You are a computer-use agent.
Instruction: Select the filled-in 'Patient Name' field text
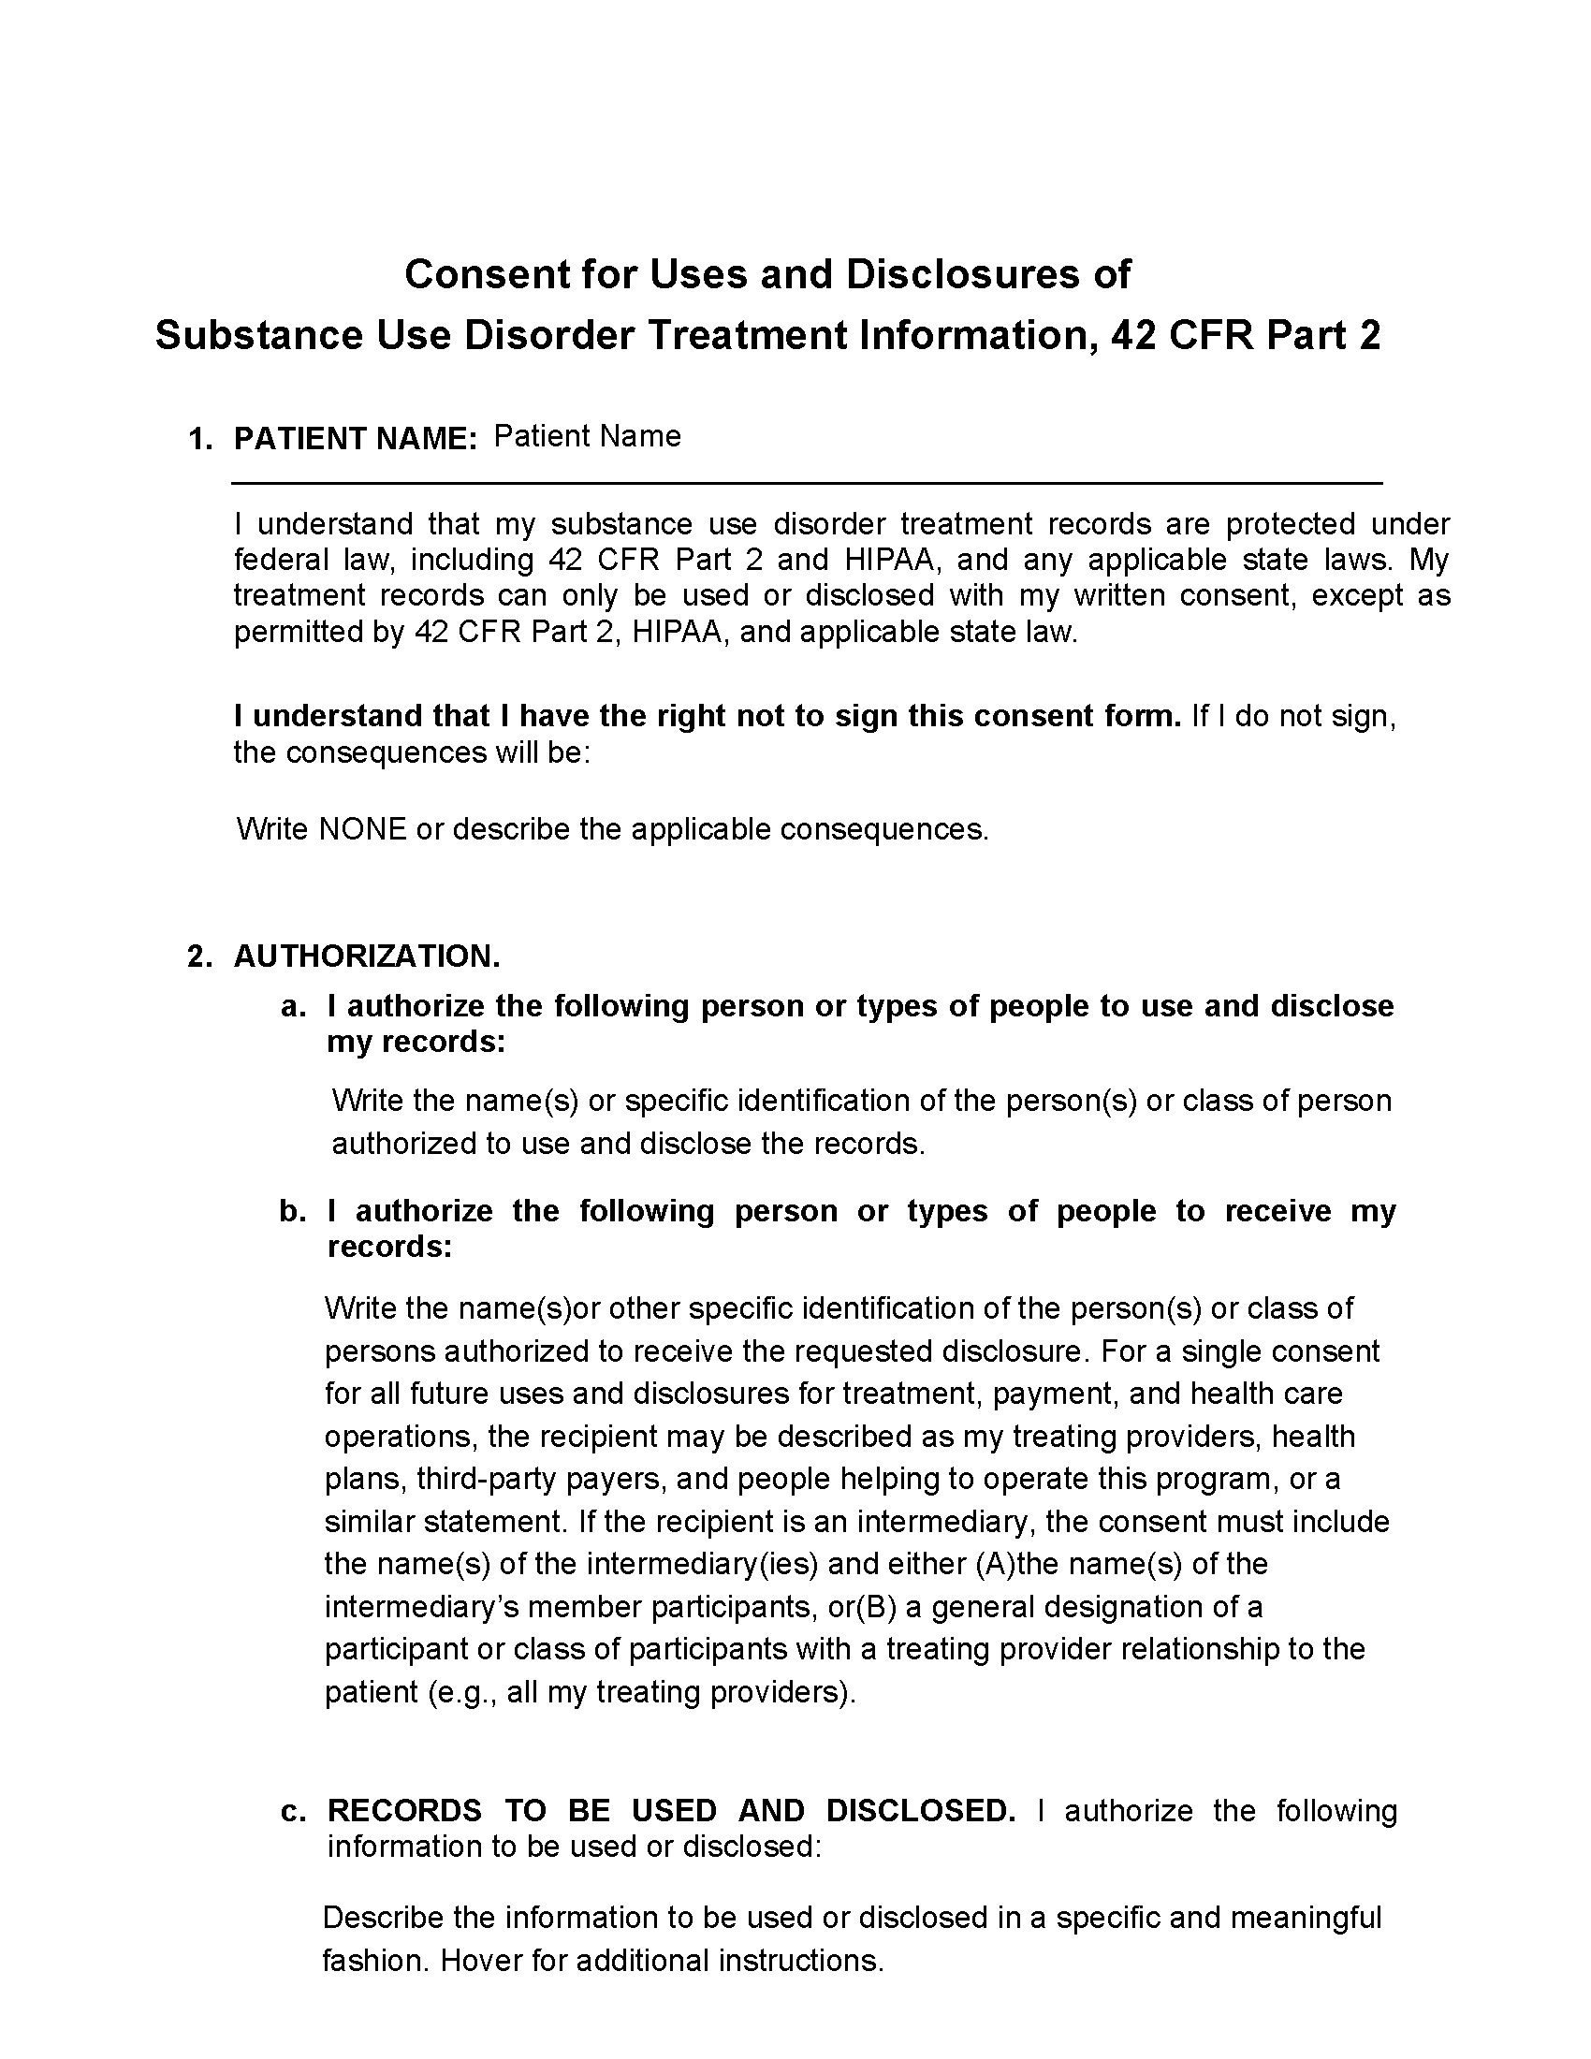tap(586, 436)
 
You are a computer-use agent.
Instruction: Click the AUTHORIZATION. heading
tap(367, 956)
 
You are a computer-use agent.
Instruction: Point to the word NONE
tap(363, 829)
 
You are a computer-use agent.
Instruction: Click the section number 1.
tap(200, 439)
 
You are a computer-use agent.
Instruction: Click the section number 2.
tap(200, 956)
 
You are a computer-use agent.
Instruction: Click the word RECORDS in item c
tap(404, 1811)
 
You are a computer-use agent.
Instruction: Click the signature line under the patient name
tap(807, 483)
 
